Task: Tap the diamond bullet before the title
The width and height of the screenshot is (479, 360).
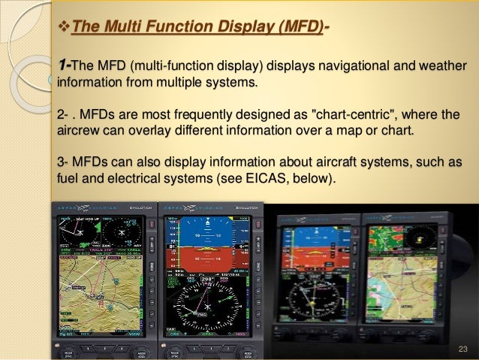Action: point(62,29)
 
